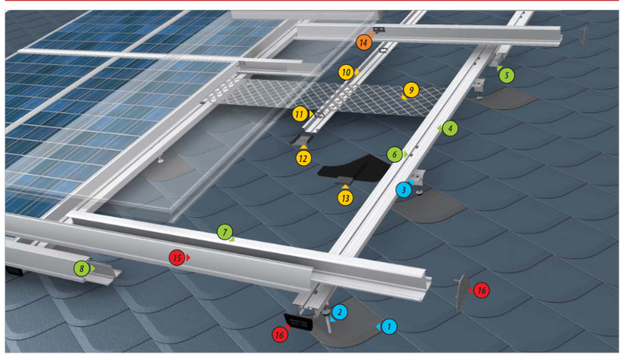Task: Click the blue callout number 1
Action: point(388,327)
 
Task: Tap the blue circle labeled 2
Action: point(339,312)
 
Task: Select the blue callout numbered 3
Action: point(404,190)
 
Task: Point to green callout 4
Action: point(450,128)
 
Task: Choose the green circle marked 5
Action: point(507,75)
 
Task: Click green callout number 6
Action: point(395,154)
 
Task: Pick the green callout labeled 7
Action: point(225,232)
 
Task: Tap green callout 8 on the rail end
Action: point(82,268)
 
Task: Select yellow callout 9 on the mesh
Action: point(411,90)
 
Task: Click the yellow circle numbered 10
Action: point(346,73)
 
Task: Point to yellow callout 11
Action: point(300,115)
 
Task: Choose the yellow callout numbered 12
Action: point(304,159)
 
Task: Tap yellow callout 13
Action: point(345,198)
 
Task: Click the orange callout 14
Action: point(363,42)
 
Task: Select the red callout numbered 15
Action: point(177,258)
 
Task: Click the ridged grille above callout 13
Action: point(345,180)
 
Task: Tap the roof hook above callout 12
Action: point(301,139)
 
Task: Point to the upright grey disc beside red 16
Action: point(462,294)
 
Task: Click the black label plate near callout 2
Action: point(298,322)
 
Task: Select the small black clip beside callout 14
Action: point(378,30)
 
